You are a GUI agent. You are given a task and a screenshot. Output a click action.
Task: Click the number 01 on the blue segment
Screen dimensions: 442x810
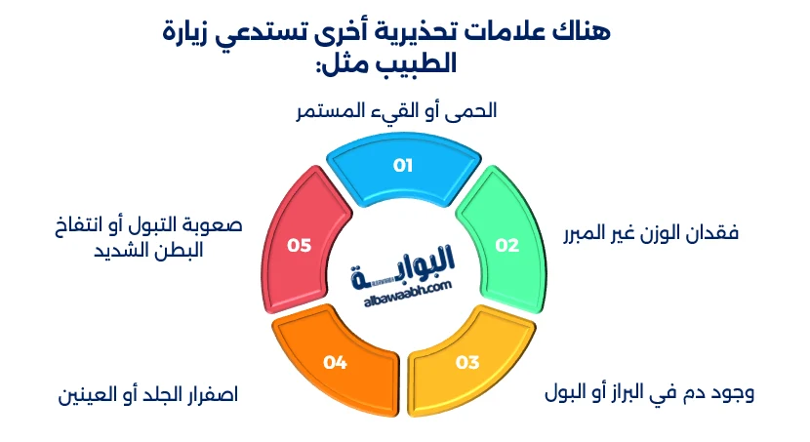(x=403, y=165)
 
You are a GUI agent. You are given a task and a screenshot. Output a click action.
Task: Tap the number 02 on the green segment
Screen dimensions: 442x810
(x=507, y=245)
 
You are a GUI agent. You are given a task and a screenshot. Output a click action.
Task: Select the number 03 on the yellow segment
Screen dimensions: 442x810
(x=467, y=363)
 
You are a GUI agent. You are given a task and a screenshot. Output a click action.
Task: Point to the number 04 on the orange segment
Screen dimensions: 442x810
(x=336, y=363)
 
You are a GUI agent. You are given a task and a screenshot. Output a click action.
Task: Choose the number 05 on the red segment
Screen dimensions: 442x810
(x=299, y=245)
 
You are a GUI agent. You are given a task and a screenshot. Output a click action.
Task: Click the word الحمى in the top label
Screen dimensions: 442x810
(x=474, y=110)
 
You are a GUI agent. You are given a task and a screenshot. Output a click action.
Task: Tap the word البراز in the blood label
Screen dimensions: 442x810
(x=626, y=394)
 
